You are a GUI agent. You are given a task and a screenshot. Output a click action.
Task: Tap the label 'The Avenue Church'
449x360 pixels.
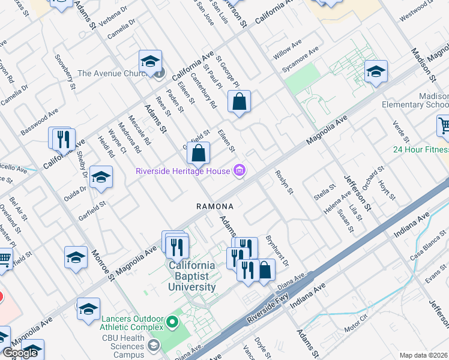(x=112, y=74)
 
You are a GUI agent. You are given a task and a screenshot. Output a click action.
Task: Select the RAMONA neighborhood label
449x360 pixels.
(x=214, y=206)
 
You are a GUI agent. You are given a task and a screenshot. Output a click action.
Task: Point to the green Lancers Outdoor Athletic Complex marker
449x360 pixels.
(x=173, y=323)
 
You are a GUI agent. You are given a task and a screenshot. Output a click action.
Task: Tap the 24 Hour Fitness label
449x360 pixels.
(x=421, y=149)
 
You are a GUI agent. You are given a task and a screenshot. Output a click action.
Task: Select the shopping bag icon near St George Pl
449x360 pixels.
(x=239, y=102)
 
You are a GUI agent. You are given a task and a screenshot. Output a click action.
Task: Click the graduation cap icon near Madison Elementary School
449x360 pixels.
(x=376, y=73)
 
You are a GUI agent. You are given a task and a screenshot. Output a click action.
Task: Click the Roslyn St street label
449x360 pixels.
(x=284, y=182)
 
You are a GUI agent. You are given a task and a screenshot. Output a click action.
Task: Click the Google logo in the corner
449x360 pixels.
(x=20, y=353)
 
